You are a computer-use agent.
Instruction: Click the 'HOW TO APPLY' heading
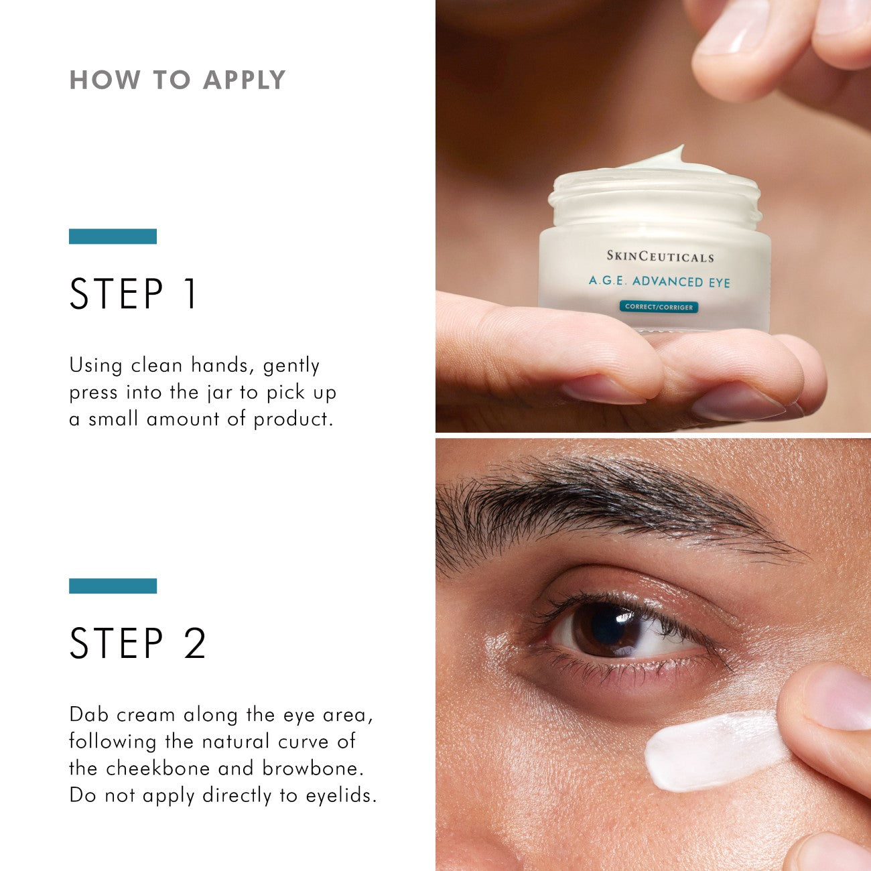tap(178, 80)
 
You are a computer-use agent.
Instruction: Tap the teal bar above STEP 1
tap(113, 237)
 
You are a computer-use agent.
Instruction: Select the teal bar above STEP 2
tap(113, 586)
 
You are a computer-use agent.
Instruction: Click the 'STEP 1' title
tap(134, 294)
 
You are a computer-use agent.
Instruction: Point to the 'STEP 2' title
tap(138, 643)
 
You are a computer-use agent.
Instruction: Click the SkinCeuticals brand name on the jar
tap(660, 257)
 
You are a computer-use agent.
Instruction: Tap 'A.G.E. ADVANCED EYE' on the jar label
tap(659, 281)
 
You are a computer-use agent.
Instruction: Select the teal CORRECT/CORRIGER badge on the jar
tap(659, 307)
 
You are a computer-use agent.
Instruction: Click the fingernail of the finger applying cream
tap(837, 697)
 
